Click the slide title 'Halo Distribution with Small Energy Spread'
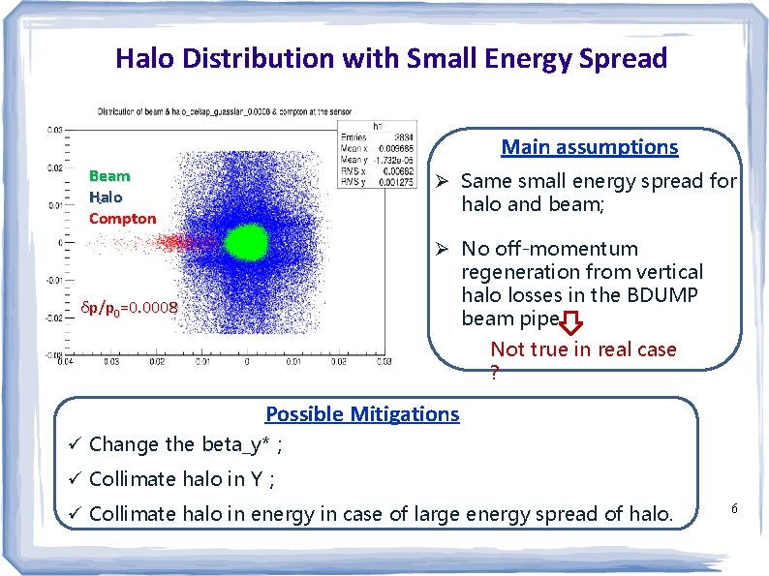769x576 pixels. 391,58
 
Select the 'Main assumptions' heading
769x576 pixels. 589,147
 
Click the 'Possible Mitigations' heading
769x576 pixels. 362,413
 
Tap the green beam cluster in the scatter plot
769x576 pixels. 246,241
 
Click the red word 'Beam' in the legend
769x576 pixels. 109,176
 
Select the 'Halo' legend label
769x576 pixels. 107,197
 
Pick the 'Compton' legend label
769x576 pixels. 122,219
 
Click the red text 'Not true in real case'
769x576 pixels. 583,349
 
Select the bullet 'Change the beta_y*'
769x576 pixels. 186,445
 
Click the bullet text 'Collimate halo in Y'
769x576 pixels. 182,479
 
